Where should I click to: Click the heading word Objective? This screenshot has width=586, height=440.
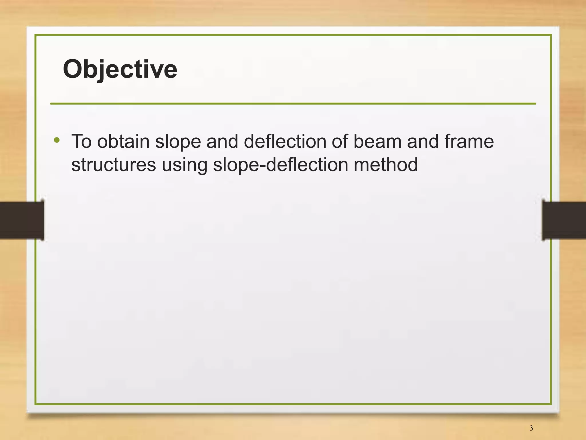pyautogui.click(x=120, y=70)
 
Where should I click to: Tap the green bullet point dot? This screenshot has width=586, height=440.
pyautogui.click(x=57, y=140)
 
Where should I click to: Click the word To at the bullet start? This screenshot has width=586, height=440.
pyautogui.click(x=82, y=141)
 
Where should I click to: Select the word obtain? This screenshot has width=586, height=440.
pyautogui.click(x=123, y=141)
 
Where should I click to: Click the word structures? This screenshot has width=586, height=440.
pyautogui.click(x=114, y=165)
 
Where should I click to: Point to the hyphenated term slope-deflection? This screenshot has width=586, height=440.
pyautogui.click(x=280, y=165)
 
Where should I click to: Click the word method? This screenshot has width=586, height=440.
pyautogui.click(x=386, y=165)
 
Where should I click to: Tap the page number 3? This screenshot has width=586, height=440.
pyautogui.click(x=531, y=428)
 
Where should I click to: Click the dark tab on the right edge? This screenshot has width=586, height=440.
pyautogui.click(x=564, y=220)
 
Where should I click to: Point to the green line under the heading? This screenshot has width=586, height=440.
pyautogui.click(x=293, y=103)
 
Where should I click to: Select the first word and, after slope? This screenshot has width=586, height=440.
pyautogui.click(x=222, y=141)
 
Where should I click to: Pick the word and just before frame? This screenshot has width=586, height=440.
pyautogui.click(x=423, y=141)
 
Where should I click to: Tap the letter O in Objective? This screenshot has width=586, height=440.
pyautogui.click(x=73, y=69)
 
